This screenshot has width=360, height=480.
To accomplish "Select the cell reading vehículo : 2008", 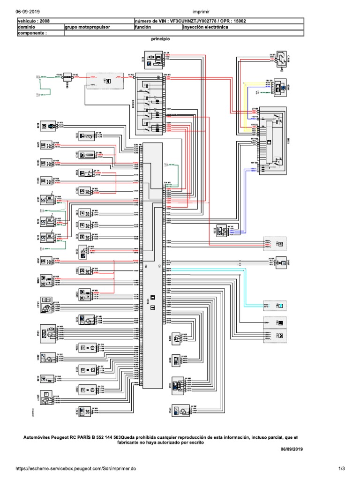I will (33, 21).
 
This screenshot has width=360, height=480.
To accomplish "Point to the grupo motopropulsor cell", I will (88, 27).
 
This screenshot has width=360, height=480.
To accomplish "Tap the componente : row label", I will (33, 34).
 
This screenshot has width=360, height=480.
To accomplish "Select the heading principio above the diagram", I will (160, 40).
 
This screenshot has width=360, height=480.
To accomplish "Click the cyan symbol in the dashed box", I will (281, 306).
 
